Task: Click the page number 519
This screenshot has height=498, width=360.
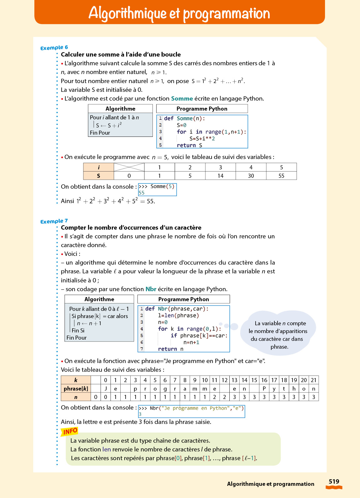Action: tap(334, 481)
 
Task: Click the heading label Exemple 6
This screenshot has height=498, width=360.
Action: tap(54, 47)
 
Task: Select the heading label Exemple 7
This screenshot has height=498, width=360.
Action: tap(54, 221)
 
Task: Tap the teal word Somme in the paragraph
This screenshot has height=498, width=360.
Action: tap(182, 98)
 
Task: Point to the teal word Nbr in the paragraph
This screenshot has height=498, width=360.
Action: tap(151, 289)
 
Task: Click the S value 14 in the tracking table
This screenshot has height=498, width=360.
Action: tap(220, 176)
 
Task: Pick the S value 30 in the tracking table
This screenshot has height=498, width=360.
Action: tap(251, 176)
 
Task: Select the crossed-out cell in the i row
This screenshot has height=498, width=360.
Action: tap(129, 167)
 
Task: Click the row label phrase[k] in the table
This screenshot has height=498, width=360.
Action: tap(76, 389)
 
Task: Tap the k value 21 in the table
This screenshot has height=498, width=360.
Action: tap(313, 380)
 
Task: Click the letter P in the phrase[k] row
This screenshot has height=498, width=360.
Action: tap(264, 389)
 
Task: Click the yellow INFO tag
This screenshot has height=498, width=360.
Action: tap(70, 431)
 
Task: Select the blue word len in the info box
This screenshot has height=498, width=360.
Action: tap(107, 449)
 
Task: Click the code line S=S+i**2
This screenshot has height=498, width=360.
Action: tap(202, 138)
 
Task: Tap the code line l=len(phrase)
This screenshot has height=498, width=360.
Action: tap(178, 316)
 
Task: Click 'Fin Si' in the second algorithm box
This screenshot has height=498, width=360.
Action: tap(78, 330)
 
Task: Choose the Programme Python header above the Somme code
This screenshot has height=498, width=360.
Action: tap(202, 109)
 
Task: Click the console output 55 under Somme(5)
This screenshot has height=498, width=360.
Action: tap(142, 193)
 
